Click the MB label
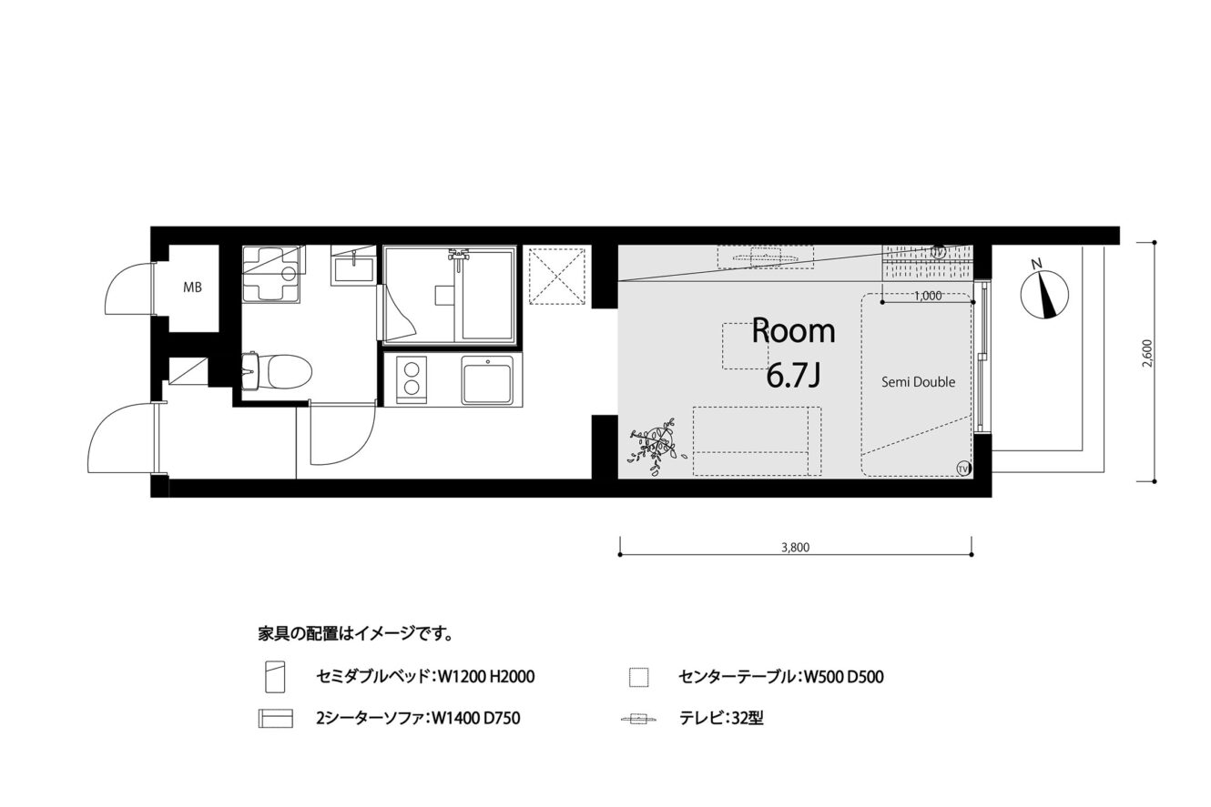point(192,287)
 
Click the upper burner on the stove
point(412,369)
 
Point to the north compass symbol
point(1044,292)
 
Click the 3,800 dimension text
point(795,547)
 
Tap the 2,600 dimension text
point(1147,353)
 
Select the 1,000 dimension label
point(928,296)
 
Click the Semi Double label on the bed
point(918,382)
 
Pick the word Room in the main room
point(793,332)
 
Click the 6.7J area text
point(793,377)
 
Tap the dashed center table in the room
point(746,347)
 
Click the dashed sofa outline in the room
point(757,441)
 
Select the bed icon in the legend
point(275,676)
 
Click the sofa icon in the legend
point(275,719)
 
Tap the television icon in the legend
point(639,719)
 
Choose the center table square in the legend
point(639,678)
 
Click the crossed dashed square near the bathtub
point(557,276)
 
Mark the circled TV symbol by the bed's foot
point(962,468)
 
